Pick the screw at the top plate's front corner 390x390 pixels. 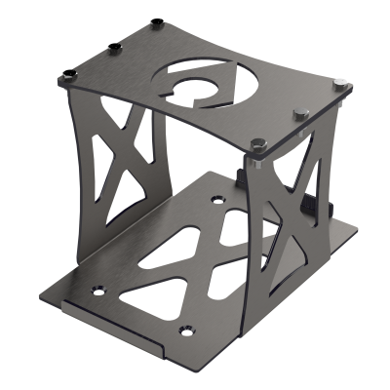pos(257,144)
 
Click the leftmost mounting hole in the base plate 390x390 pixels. pos(97,290)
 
